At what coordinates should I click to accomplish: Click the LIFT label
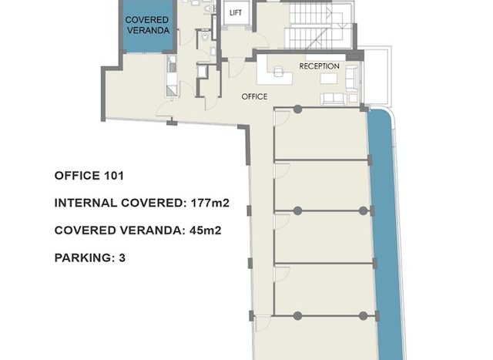[x=236, y=12]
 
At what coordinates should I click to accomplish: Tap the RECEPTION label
[x=319, y=66]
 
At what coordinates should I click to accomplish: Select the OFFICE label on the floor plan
[x=254, y=96]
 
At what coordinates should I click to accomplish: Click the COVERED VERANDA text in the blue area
[x=147, y=25]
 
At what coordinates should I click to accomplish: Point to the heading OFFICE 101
[x=89, y=176]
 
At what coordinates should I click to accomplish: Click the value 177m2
[x=210, y=203]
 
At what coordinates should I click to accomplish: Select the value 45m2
[x=206, y=230]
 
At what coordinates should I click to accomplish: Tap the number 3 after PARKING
[x=122, y=258]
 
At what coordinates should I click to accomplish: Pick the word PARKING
[x=82, y=258]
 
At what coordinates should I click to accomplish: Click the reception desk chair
[x=279, y=71]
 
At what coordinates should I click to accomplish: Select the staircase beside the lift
[x=318, y=25]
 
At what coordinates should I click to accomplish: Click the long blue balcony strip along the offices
[x=386, y=233]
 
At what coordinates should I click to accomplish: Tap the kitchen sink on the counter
[x=173, y=67]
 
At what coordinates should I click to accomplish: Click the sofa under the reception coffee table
[x=334, y=99]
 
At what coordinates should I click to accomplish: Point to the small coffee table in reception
[x=329, y=79]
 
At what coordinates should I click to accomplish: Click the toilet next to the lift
[x=205, y=35]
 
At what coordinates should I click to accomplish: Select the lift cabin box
[x=236, y=13]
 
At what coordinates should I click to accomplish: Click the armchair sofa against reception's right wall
[x=352, y=78]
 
